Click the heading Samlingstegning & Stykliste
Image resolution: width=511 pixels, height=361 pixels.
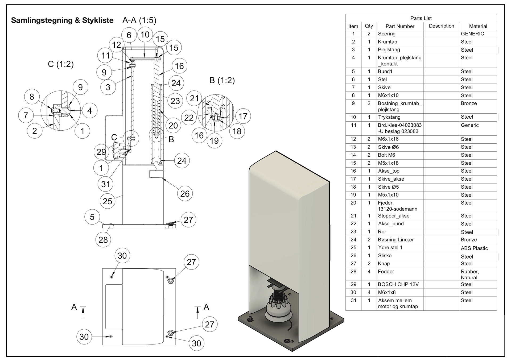pos(62,20)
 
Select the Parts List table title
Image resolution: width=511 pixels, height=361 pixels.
pos(421,18)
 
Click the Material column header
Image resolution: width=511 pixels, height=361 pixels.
pos(478,26)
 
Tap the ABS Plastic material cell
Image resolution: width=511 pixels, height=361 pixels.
pos(474,248)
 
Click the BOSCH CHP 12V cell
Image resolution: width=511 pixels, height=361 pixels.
pos(398,284)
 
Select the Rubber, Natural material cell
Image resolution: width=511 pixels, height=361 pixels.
pos(470,274)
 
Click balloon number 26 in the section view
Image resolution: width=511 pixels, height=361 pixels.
pos(185,194)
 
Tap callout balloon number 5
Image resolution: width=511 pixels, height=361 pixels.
pos(92,217)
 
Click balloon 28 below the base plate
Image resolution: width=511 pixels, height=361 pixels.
pos(103,240)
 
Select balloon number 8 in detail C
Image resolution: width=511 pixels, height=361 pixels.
pos(32,97)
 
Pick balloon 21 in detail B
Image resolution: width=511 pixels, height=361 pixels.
pos(194,98)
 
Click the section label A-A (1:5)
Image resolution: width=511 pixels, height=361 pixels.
pos(139,20)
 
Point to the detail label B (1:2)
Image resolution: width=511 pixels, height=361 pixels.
pos(222,80)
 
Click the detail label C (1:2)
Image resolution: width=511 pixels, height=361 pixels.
pos(61,64)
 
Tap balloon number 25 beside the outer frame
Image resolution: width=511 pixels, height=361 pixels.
pos(108,201)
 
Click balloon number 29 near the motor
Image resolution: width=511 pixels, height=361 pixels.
pos(101,152)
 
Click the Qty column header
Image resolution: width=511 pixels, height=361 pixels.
pos(369,26)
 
